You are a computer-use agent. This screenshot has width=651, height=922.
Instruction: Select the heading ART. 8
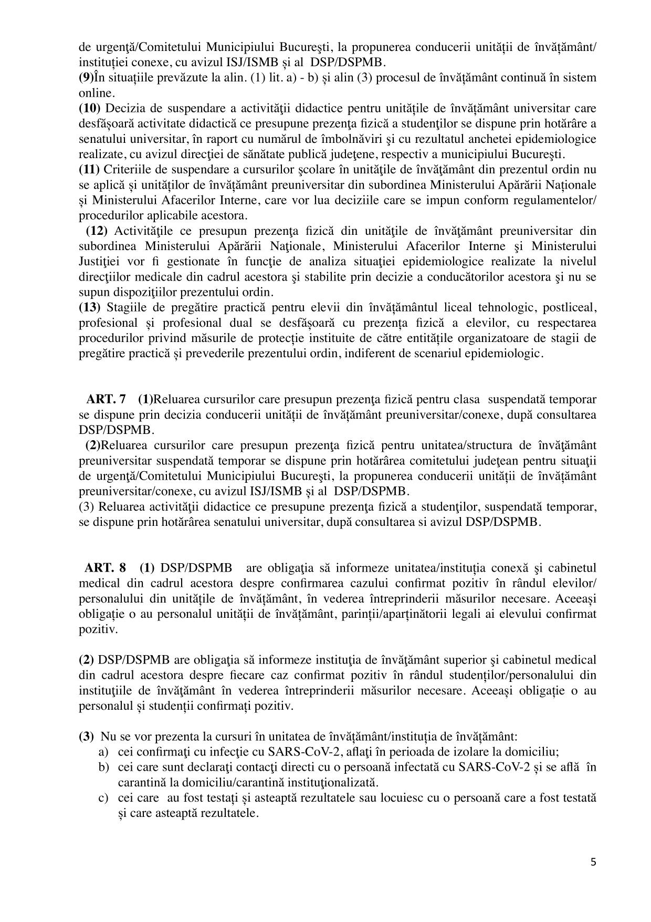tap(106, 568)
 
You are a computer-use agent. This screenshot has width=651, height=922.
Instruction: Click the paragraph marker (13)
tap(89, 307)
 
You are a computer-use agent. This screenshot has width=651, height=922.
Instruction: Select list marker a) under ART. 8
tap(103, 752)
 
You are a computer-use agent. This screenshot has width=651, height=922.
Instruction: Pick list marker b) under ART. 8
tap(103, 767)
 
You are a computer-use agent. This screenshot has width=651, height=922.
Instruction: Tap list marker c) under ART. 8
tap(103, 798)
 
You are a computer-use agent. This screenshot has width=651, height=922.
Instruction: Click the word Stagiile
tap(126, 307)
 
